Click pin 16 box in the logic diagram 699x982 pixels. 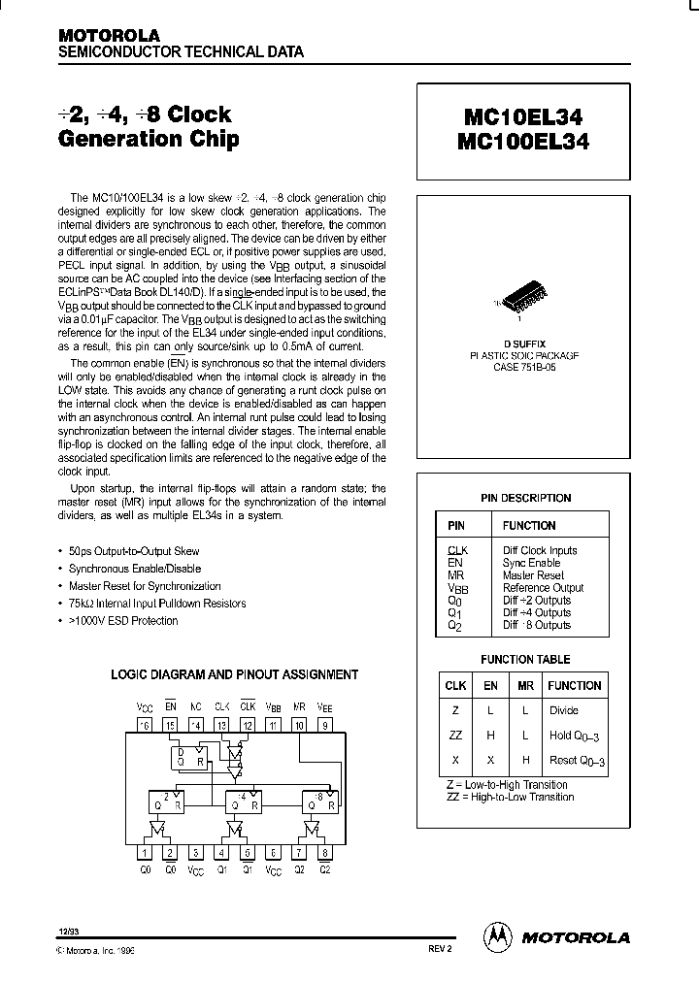click(145, 725)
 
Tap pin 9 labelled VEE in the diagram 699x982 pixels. click(326, 725)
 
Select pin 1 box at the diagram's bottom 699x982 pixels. click(145, 854)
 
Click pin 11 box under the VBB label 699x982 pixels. click(274, 725)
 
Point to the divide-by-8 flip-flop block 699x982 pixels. click(319, 802)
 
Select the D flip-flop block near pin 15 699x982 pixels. click(188, 759)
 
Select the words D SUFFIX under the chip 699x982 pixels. click(524, 344)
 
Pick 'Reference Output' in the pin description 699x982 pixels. click(543, 588)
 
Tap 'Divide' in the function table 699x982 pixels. click(564, 710)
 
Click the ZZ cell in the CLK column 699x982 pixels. click(455, 736)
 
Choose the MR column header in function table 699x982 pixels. click(525, 685)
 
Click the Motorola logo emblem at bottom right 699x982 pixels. click(497, 936)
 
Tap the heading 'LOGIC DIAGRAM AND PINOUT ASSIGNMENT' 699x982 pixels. click(235, 674)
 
